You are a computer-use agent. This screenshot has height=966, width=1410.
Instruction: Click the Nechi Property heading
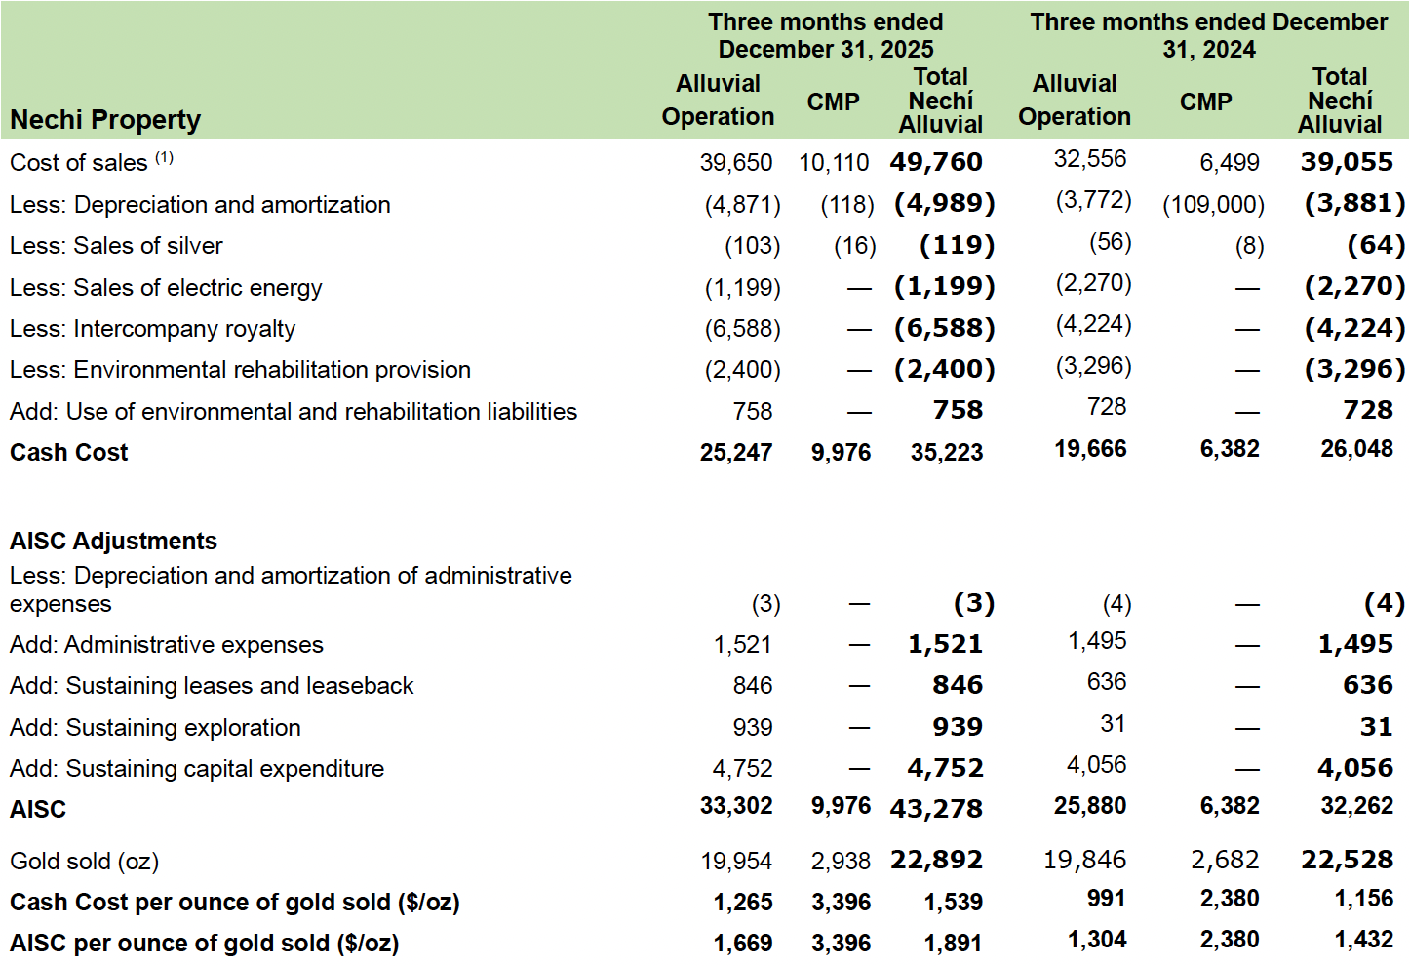pyautogui.click(x=105, y=120)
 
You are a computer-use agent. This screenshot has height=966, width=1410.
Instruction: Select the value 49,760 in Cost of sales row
pyautogui.click(x=936, y=162)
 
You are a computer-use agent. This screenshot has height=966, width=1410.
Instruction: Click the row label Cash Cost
pyautogui.click(x=69, y=453)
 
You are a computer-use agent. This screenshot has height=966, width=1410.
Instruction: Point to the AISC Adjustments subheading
pyautogui.click(x=113, y=541)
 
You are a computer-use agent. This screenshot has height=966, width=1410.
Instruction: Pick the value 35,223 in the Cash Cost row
pyautogui.click(x=946, y=453)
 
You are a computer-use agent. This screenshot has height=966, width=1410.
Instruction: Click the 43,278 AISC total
pyautogui.click(x=936, y=809)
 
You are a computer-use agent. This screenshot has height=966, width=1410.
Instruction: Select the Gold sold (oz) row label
pyautogui.click(x=84, y=862)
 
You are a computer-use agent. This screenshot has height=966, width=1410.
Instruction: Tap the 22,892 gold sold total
pyautogui.click(x=936, y=861)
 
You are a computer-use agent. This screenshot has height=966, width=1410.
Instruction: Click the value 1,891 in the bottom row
pyautogui.click(x=953, y=944)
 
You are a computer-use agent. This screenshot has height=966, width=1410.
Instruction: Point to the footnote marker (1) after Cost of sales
pyautogui.click(x=164, y=157)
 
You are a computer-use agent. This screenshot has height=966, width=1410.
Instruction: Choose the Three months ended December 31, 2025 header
pyautogui.click(x=825, y=35)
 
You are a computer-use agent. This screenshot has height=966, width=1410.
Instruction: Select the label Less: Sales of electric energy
pyautogui.click(x=166, y=288)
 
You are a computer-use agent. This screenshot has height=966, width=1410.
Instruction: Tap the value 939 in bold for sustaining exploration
pyautogui.click(x=957, y=727)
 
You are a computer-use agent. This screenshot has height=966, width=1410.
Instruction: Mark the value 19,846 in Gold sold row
pyautogui.click(x=1084, y=860)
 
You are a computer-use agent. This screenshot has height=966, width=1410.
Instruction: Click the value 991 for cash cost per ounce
pyautogui.click(x=1106, y=899)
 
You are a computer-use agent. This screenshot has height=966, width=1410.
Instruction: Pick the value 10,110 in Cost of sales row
pyautogui.click(x=834, y=163)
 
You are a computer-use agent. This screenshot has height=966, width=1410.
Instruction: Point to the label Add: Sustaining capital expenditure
pyautogui.click(x=197, y=769)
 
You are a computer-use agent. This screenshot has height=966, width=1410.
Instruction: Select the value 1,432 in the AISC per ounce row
pyautogui.click(x=1363, y=940)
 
